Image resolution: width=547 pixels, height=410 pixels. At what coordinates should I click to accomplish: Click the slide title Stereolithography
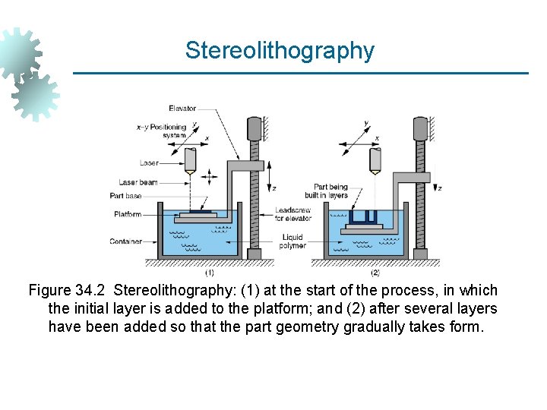[x=280, y=51]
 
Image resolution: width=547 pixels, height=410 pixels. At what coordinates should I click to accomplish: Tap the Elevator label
[x=182, y=109]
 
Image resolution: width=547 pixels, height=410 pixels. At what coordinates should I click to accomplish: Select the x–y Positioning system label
[x=161, y=131]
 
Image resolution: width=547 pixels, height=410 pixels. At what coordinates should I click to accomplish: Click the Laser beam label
[x=138, y=182]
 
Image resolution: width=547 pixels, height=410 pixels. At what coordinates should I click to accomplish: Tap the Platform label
[x=128, y=214]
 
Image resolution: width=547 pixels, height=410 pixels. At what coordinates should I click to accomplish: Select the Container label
[x=125, y=241]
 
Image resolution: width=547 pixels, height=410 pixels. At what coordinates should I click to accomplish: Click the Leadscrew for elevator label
[x=292, y=214]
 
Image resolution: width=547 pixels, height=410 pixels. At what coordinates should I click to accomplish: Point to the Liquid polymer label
[x=292, y=241]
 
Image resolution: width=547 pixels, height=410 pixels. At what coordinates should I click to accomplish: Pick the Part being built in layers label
[x=331, y=191]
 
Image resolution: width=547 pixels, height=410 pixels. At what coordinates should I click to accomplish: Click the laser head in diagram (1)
[x=191, y=159]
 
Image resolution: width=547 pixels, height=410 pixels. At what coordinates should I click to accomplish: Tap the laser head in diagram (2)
[x=375, y=159]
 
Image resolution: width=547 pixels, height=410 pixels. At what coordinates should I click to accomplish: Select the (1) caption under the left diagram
[x=209, y=272]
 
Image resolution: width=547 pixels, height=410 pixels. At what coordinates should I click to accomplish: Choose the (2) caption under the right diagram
[x=375, y=272]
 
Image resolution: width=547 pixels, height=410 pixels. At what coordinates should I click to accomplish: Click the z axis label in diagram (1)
[x=274, y=188]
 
